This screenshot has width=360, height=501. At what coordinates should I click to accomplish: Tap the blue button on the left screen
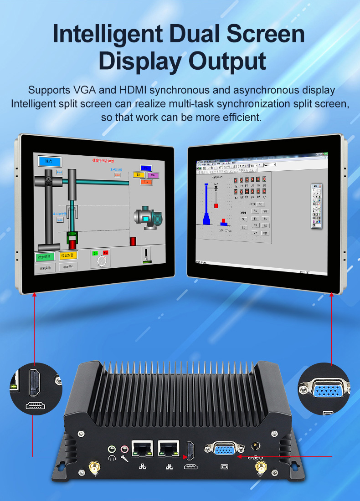pyautogui.click(x=50, y=161)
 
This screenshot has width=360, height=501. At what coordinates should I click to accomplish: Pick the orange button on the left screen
pyautogui.click(x=68, y=256)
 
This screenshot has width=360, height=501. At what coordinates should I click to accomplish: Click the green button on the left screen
pyautogui.click(x=45, y=256)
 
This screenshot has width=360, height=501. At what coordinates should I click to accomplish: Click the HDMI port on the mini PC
pyautogui.click(x=190, y=450)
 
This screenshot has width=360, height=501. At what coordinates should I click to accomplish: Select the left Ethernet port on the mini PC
pyautogui.click(x=142, y=448)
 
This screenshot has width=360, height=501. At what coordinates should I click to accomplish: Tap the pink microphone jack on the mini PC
pyautogui.click(x=123, y=450)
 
